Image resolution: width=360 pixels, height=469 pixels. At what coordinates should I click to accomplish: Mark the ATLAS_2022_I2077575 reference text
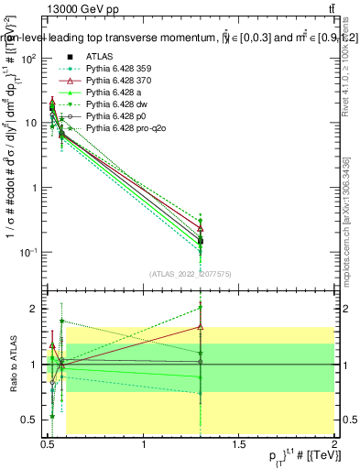pyautogui.click(x=191, y=274)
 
